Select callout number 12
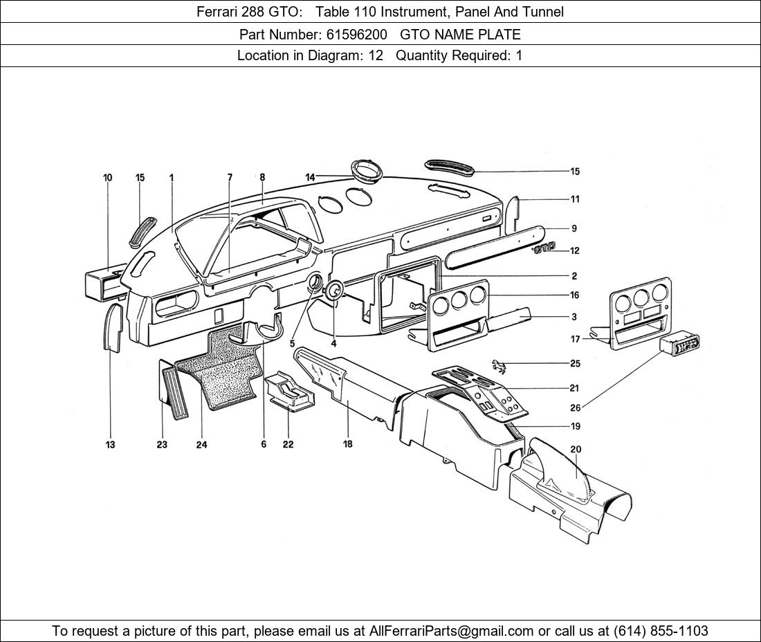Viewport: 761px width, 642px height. [x=575, y=251]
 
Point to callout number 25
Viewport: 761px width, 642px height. [x=575, y=363]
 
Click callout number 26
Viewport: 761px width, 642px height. [x=575, y=407]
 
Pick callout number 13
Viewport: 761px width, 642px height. [x=110, y=445]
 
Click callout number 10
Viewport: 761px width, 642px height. [x=107, y=178]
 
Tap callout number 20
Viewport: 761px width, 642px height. [x=576, y=450]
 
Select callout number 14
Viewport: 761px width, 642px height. [x=310, y=178]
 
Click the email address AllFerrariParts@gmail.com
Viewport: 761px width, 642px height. [x=452, y=631]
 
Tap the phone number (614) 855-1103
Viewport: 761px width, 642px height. [x=661, y=631]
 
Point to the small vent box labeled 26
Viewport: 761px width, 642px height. [x=679, y=345]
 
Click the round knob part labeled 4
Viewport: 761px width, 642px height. [x=335, y=291]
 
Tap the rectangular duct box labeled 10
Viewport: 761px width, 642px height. [x=107, y=283]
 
